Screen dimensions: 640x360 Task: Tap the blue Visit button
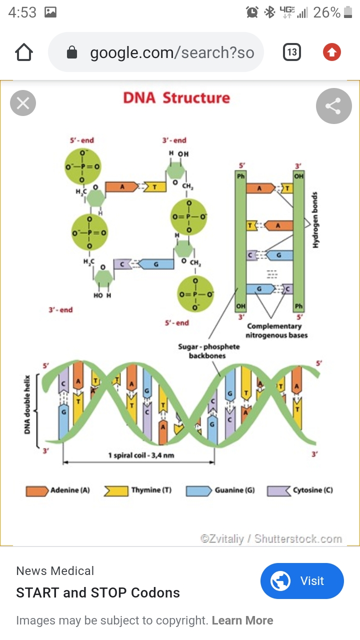click(x=302, y=581)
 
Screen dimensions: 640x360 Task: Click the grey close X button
click(x=23, y=103)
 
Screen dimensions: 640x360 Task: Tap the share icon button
click(x=333, y=106)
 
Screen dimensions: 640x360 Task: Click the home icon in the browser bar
click(x=24, y=52)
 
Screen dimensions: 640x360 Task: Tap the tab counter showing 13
click(x=292, y=52)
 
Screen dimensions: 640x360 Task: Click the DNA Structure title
click(x=176, y=97)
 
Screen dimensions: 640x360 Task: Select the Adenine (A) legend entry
click(x=58, y=490)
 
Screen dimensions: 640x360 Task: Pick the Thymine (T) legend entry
click(x=138, y=490)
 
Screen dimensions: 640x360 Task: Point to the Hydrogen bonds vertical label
click(x=316, y=220)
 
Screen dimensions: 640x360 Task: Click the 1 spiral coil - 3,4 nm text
click(x=141, y=455)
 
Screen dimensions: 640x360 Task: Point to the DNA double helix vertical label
click(x=28, y=405)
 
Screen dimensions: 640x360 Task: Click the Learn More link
click(x=242, y=620)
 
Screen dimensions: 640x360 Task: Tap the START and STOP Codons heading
click(x=98, y=593)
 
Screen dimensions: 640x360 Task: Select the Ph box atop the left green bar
click(x=241, y=176)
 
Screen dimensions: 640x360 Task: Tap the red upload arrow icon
click(x=332, y=52)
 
